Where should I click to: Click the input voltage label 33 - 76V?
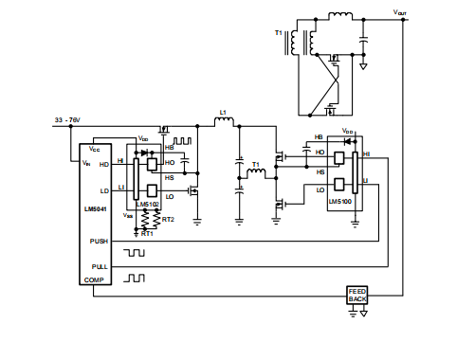pyautogui.click(x=65, y=120)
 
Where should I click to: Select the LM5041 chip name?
pyautogui.click(x=96, y=209)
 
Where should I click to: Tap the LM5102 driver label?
pyautogui.click(x=147, y=204)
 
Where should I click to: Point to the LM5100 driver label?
pyautogui.click(x=340, y=202)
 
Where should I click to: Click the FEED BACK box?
pyautogui.click(x=356, y=295)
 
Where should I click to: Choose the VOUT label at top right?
pyautogui.click(x=402, y=11)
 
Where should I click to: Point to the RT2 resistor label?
pyautogui.click(x=168, y=219)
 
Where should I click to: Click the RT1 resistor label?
pyautogui.click(x=147, y=233)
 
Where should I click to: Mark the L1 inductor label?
pyautogui.click(x=223, y=113)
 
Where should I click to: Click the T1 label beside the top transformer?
pyautogui.click(x=279, y=33)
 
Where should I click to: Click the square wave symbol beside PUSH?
pyautogui.click(x=138, y=252)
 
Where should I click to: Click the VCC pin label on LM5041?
pyautogui.click(x=95, y=149)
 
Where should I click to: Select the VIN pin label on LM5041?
pyautogui.click(x=87, y=163)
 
